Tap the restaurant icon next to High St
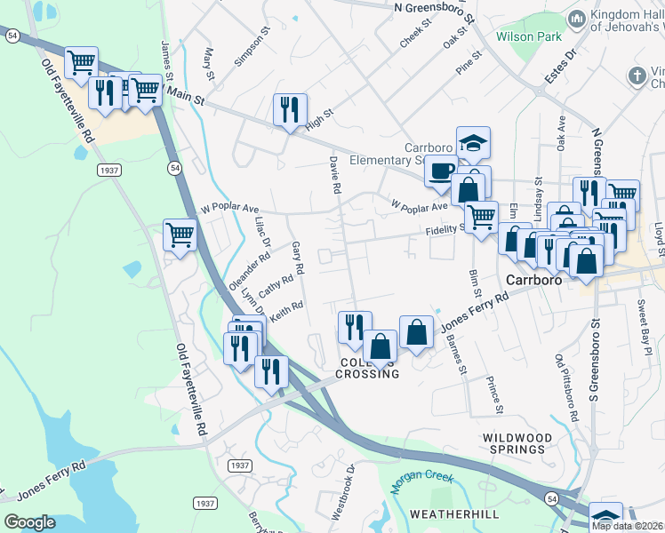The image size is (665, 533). (x=290, y=110)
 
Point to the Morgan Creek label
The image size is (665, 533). (x=422, y=479)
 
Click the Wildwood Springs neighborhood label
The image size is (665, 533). (x=513, y=443)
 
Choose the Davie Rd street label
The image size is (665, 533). (x=335, y=174)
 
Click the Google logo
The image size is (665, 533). (x=29, y=522)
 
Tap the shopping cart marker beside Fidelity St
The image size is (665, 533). (x=481, y=215)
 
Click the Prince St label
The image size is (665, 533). (x=494, y=395)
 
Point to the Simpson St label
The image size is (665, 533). (x=252, y=51)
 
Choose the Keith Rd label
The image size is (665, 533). (x=287, y=312)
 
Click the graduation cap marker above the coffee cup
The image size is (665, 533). (x=473, y=141)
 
